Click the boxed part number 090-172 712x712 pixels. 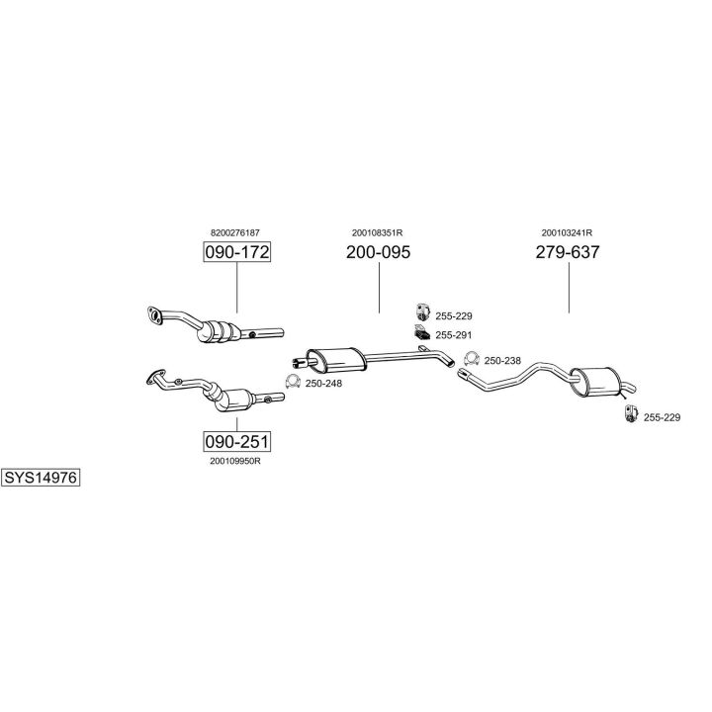coord(236,252)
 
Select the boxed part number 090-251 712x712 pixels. coord(236,441)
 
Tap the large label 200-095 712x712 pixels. coord(378,252)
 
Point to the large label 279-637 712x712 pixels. coord(568,252)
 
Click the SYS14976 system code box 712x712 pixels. coord(41,478)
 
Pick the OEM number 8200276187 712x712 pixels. coord(236,232)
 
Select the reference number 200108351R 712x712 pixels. coord(378,232)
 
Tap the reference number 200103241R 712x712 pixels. coord(568,232)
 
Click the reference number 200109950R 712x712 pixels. coord(236,460)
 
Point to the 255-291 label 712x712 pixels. coord(454,335)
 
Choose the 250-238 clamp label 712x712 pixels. coord(502,360)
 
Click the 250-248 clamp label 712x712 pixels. coord(323,383)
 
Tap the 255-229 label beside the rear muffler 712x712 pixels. coord(662,417)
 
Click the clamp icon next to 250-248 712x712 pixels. coord(293,382)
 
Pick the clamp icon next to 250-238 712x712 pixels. coord(472,359)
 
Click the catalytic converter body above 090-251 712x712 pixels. coord(229,399)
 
